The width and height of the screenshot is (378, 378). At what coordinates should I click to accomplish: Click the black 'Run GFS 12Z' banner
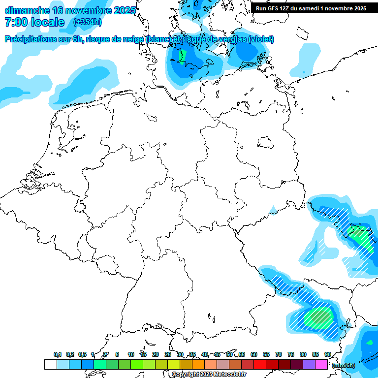311,8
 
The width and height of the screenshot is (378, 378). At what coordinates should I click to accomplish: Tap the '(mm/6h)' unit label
343,365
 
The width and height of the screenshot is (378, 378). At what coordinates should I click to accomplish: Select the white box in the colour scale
50,365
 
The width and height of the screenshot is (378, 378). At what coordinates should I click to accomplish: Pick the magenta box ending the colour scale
321,365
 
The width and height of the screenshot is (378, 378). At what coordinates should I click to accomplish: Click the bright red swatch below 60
260,365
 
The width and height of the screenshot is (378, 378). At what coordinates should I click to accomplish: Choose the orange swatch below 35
198,365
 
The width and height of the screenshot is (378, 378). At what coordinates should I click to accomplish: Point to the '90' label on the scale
327,355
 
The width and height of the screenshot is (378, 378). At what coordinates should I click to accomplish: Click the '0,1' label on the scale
58,355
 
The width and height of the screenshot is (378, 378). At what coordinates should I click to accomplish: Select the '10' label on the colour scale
131,355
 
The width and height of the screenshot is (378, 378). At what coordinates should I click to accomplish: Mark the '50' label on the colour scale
229,355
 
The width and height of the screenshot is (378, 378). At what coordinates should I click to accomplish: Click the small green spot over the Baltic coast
182,56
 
